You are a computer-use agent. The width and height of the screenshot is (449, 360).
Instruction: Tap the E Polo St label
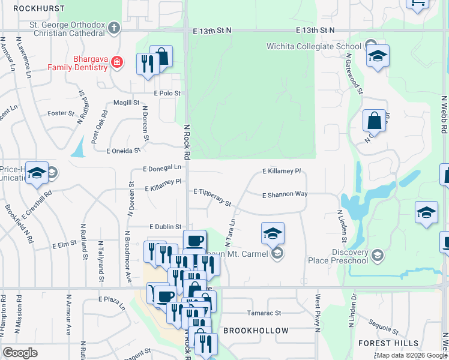click(167, 94)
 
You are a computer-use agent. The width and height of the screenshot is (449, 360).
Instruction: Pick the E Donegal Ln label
click(162, 169)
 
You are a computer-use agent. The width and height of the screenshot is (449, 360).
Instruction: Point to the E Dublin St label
click(165, 227)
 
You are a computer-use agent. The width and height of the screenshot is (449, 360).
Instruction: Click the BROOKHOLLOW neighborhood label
click(256, 331)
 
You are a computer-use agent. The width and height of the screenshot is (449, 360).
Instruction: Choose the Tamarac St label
click(264, 313)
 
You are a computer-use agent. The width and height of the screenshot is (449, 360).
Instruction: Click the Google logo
click(20, 353)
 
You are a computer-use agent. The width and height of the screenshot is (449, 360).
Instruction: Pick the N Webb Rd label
click(444, 114)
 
